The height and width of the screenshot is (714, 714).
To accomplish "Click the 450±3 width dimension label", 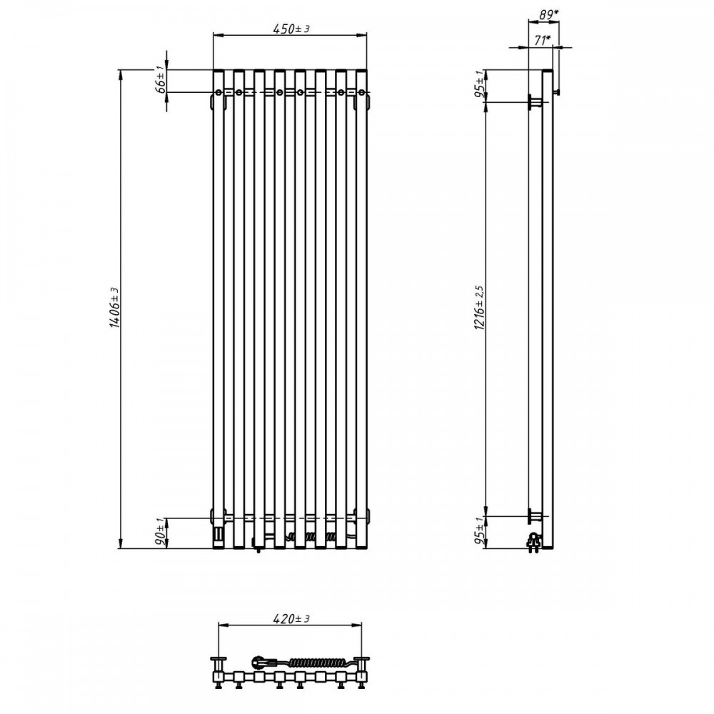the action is pyautogui.click(x=291, y=29).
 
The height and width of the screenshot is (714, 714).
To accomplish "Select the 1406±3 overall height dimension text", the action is pyautogui.click(x=114, y=308).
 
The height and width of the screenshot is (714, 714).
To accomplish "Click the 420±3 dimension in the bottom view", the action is pyautogui.click(x=291, y=619).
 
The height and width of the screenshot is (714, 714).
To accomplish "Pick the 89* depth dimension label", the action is pyautogui.click(x=548, y=14).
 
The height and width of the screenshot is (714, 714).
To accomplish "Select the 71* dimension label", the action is pyautogui.click(x=542, y=41).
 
